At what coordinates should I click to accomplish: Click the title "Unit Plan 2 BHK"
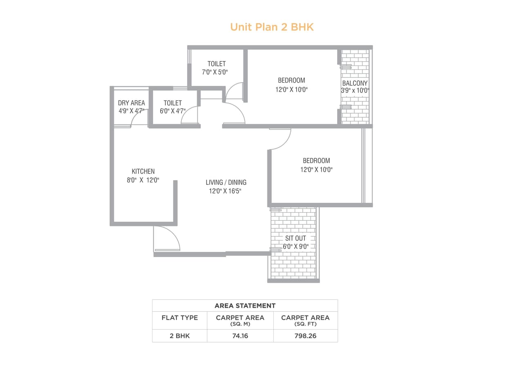point(272,27)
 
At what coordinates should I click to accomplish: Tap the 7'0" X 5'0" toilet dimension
point(215,72)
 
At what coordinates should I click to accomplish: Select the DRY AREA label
point(131,103)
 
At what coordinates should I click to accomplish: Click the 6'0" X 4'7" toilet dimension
point(172,111)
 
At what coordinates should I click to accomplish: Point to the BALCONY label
point(355,83)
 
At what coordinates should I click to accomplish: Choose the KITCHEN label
point(143,171)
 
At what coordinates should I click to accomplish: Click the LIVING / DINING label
point(226,182)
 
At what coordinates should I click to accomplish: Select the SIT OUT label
point(295,238)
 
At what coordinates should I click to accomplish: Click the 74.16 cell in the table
point(240,336)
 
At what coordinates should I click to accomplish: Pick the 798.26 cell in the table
point(305,336)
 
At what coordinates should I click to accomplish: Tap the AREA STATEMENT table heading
point(245,306)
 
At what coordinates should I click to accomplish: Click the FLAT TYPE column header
point(179,318)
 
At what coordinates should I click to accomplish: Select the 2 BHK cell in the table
point(179,336)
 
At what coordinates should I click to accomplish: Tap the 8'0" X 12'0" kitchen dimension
point(143,180)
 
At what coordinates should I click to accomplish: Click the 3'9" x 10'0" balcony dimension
point(355,91)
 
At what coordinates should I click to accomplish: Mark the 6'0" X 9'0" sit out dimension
point(295,247)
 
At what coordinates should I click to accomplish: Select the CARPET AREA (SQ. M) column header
point(240,320)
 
